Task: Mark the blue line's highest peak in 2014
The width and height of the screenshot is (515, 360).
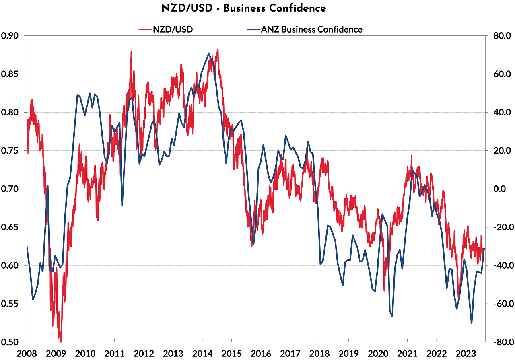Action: click(209, 53)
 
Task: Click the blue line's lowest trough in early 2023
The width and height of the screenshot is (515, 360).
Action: click(471, 323)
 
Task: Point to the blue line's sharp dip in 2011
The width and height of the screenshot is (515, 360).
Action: click(122, 206)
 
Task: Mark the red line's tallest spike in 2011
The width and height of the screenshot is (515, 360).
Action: click(131, 52)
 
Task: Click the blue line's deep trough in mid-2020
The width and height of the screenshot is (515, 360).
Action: click(392, 316)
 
